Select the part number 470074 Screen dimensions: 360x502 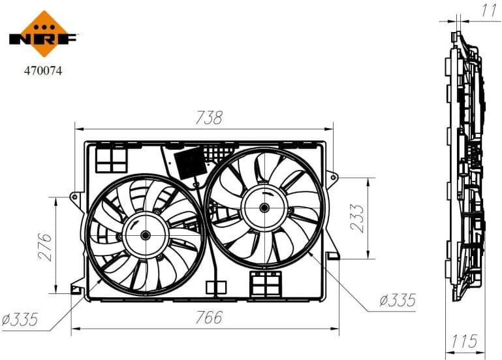point(43,70)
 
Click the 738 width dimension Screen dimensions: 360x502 point(209,118)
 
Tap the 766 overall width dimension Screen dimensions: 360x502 point(209,318)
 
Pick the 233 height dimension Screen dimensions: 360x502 point(358,218)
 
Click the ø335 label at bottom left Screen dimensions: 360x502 point(19,319)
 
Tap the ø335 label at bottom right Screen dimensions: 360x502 point(397,301)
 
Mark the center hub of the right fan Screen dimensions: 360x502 point(264,208)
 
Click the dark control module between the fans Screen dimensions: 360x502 point(191,163)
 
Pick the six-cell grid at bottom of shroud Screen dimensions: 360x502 point(265,284)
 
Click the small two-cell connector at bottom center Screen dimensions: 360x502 point(215,287)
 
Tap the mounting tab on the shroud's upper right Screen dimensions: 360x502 point(333,176)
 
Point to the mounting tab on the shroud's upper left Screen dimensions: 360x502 point(77,196)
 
